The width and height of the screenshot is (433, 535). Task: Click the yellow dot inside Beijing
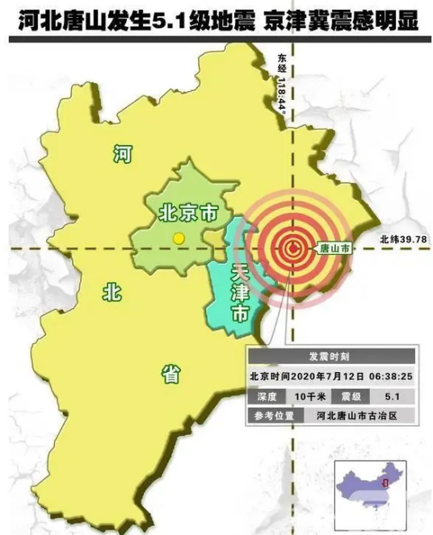coord(179,238)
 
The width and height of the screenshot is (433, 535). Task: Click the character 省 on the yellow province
coord(170,373)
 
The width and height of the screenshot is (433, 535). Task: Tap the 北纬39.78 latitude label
coord(403,239)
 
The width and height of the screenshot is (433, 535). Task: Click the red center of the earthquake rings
coord(292,249)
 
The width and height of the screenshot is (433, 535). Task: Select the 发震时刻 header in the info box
coord(332,356)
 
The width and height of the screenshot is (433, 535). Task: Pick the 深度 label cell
coord(266,396)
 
